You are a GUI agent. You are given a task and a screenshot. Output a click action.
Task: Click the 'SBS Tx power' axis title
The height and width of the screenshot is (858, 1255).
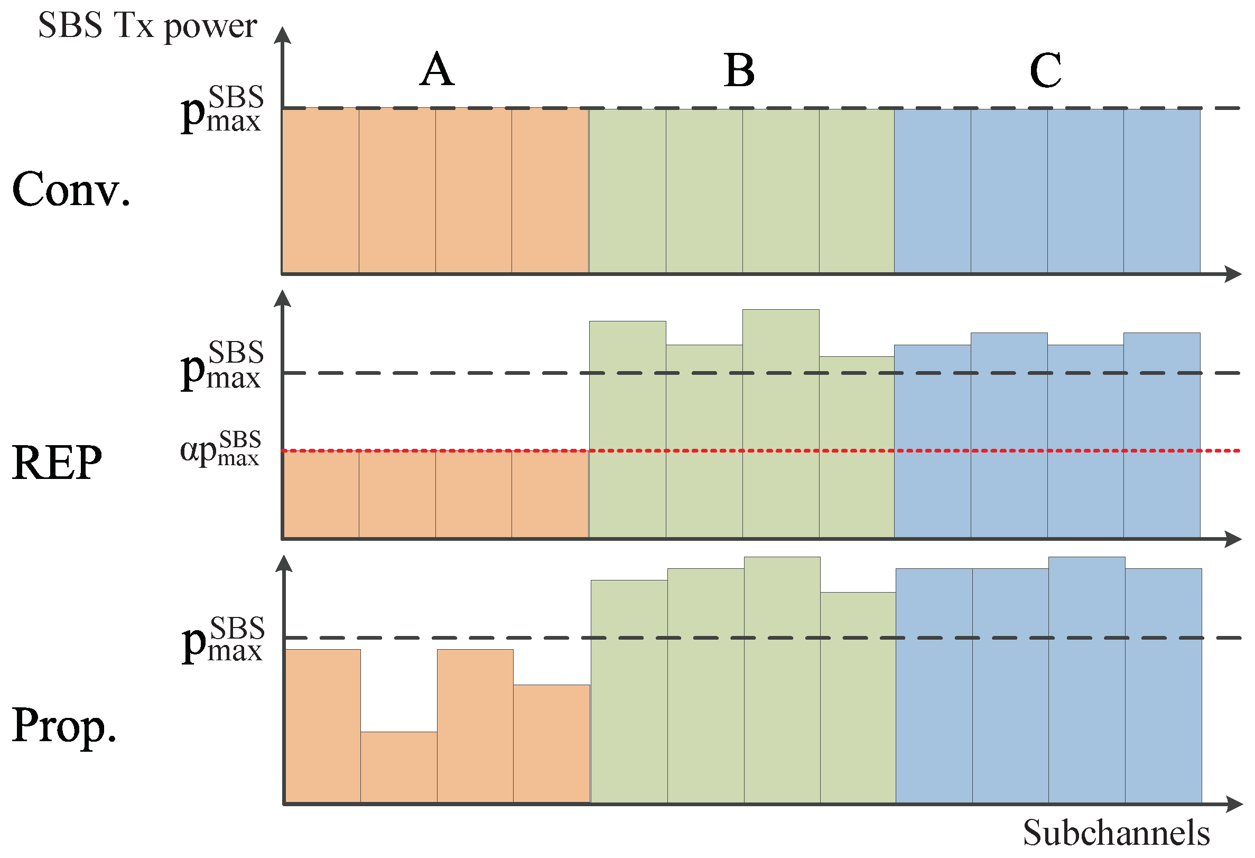point(147,26)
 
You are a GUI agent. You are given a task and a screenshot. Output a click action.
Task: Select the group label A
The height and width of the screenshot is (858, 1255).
point(437,70)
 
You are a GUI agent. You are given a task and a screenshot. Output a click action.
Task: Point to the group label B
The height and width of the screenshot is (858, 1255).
point(739,70)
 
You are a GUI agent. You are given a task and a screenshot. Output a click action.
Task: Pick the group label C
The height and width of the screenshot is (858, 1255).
point(1045,70)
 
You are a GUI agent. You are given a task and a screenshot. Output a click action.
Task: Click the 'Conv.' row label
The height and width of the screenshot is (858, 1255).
point(71,190)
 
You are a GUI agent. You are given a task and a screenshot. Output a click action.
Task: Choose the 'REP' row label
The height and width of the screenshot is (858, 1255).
point(57,463)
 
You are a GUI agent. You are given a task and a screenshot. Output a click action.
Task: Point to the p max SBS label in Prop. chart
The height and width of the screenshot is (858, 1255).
point(223,640)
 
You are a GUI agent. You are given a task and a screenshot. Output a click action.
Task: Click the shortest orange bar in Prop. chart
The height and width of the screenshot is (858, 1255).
point(398,767)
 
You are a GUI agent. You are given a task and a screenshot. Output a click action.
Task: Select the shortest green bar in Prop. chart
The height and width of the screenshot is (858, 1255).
point(858,697)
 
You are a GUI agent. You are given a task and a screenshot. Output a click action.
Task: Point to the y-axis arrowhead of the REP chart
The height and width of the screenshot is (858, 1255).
point(282,299)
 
